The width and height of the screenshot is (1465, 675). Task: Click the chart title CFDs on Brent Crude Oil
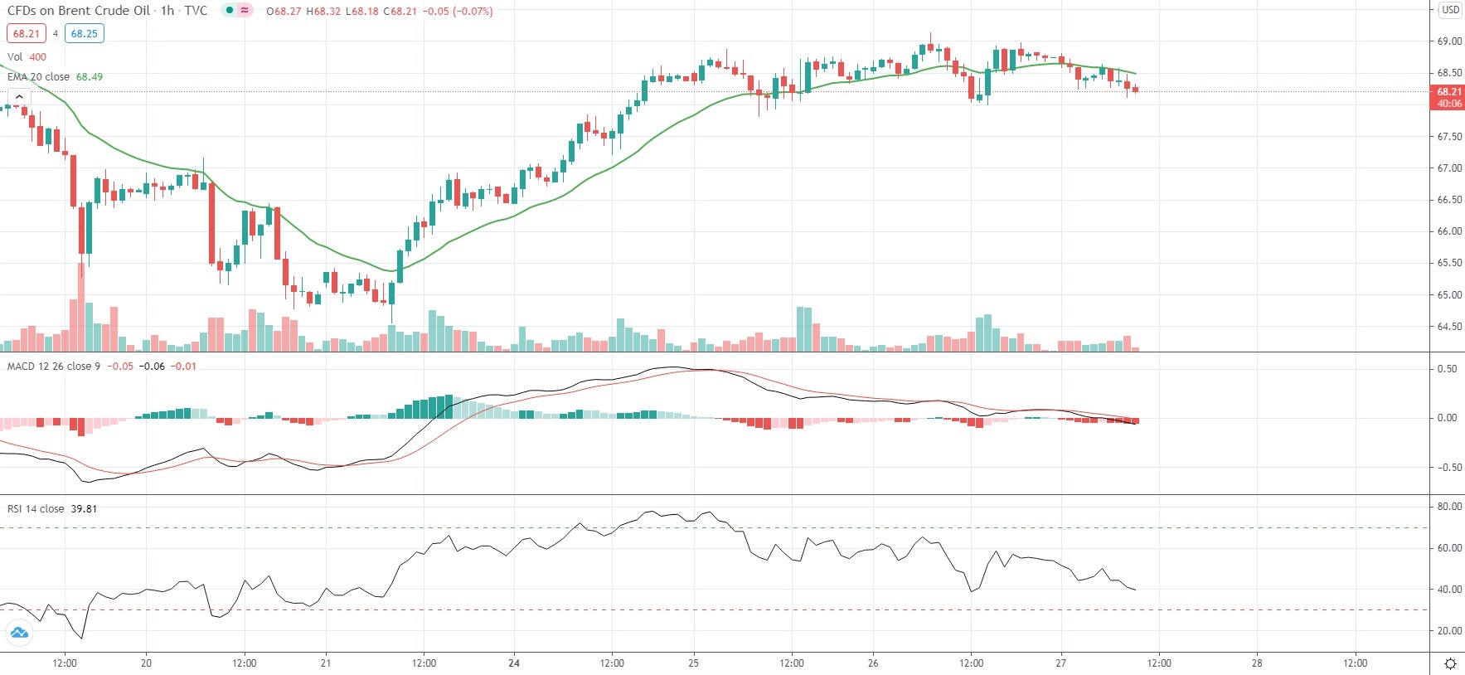coord(79,11)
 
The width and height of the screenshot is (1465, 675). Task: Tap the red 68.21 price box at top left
coord(26,34)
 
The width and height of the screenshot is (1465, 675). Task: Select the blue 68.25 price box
coord(84,34)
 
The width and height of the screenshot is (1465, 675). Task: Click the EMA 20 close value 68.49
coord(90,77)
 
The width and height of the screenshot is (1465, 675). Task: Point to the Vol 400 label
coord(27,57)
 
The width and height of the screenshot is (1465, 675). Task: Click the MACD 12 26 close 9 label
coord(53,367)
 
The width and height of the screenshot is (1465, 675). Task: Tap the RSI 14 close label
coord(36,509)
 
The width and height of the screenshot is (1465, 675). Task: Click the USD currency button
coord(1450,10)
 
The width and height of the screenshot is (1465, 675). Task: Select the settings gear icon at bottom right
coord(1450,663)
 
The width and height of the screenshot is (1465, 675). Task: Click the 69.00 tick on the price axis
coord(1449,41)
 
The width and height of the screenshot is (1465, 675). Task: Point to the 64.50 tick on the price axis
coord(1449,327)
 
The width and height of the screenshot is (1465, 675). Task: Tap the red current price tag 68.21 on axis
coord(1448,97)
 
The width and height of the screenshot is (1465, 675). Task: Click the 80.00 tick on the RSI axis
coord(1449,507)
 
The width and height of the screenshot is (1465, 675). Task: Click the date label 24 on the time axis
coord(514,663)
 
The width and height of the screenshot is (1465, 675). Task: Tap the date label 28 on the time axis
coord(1257,663)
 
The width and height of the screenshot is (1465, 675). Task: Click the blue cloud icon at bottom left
coord(18,634)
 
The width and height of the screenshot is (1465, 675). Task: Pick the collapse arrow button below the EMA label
coord(19,97)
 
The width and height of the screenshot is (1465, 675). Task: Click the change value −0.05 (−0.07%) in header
coord(458,12)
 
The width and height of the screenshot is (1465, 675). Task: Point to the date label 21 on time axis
coord(326,663)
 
